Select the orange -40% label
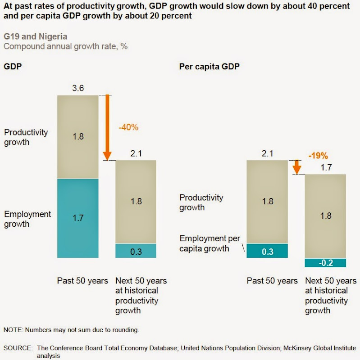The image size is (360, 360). point(128,127)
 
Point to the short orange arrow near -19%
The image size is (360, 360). point(296,167)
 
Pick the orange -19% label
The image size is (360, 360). point(318,156)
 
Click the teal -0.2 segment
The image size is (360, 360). point(325,263)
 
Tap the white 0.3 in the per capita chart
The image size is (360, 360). point(268,252)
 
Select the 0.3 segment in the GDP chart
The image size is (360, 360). point(136,251)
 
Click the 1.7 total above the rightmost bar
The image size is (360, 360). point(325,167)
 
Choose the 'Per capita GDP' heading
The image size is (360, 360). point(209,67)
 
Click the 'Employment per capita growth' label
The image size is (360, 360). point(209,243)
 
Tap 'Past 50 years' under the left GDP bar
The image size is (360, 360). point(82,281)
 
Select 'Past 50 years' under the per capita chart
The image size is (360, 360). point(272,281)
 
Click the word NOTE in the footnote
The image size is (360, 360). point(13,330)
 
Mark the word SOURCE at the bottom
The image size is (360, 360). point(18,348)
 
